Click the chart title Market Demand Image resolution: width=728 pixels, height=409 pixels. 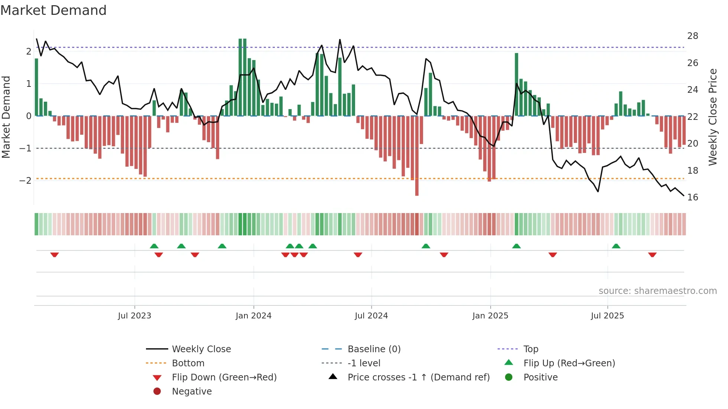[x=53, y=10]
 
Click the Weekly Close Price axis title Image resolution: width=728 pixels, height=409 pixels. [x=713, y=117]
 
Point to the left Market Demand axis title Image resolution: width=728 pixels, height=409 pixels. [x=6, y=117]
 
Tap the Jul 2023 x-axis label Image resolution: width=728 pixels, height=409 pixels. [x=134, y=316]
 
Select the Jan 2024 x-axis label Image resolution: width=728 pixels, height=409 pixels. [x=254, y=316]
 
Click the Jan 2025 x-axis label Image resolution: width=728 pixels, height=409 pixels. [x=490, y=316]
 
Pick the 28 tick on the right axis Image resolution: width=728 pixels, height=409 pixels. [x=692, y=36]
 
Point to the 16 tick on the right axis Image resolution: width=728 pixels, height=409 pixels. [x=692, y=197]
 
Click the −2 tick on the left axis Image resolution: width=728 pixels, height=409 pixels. [x=26, y=181]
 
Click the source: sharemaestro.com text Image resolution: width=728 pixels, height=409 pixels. [x=657, y=291]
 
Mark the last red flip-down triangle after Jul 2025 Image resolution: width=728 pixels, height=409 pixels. [x=652, y=255]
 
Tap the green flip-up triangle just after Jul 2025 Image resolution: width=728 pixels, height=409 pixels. [x=616, y=246]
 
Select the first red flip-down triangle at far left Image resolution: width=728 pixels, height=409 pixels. [x=55, y=255]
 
